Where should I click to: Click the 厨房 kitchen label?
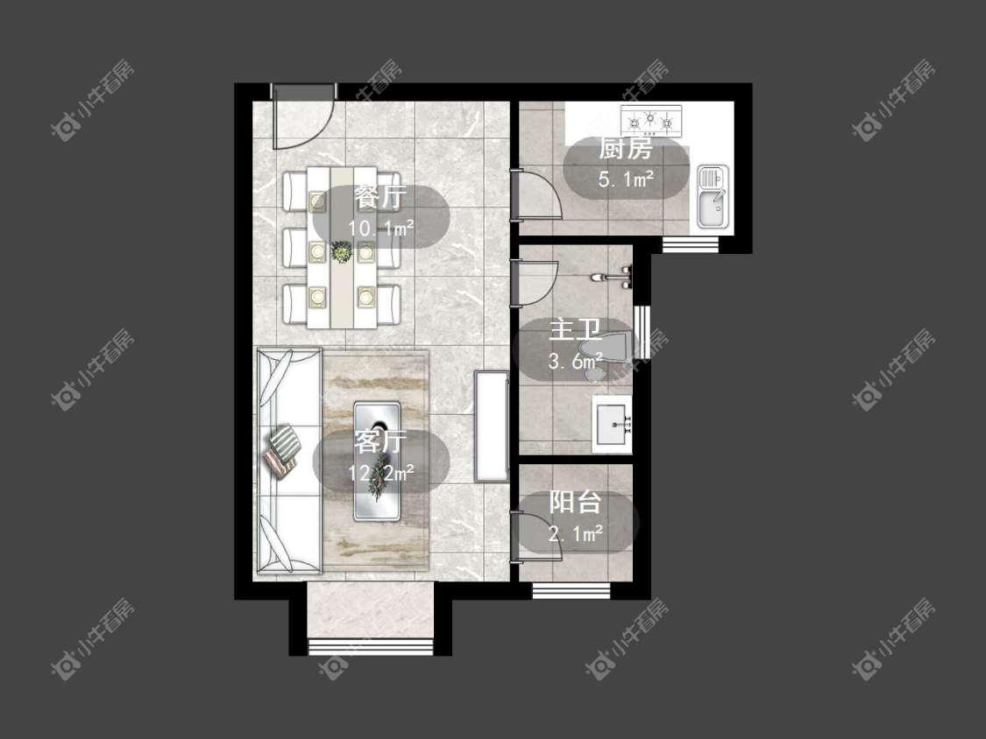coord(625,149)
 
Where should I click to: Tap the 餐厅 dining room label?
coord(380,198)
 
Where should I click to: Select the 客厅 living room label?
coord(380,442)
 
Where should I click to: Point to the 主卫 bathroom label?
coord(575,331)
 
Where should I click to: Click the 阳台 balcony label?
coord(575,503)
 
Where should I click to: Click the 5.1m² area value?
coord(626,179)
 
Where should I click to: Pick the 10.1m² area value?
coord(381,228)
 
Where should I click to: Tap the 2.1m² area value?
coord(575,534)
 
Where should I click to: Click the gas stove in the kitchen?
coord(651,121)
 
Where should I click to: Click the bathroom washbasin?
coord(612,424)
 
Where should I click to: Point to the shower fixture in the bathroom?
coord(613,277)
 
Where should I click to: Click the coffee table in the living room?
coord(377,461)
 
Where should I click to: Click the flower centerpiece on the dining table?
coord(342,252)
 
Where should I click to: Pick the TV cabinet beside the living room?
coord(491,426)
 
